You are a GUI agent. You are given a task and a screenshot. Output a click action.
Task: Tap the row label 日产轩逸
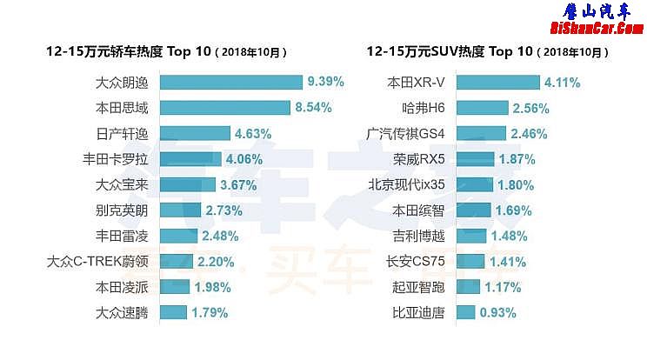122,134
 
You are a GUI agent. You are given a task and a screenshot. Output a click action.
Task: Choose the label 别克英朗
122,210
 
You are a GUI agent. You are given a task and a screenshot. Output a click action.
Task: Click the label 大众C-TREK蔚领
99,261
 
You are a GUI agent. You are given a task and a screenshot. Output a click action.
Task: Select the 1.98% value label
211,286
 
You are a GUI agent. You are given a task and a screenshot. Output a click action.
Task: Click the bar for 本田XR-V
497,83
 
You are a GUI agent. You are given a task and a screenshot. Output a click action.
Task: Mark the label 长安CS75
414,261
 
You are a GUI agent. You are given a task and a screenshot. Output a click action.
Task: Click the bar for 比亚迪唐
465,312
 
